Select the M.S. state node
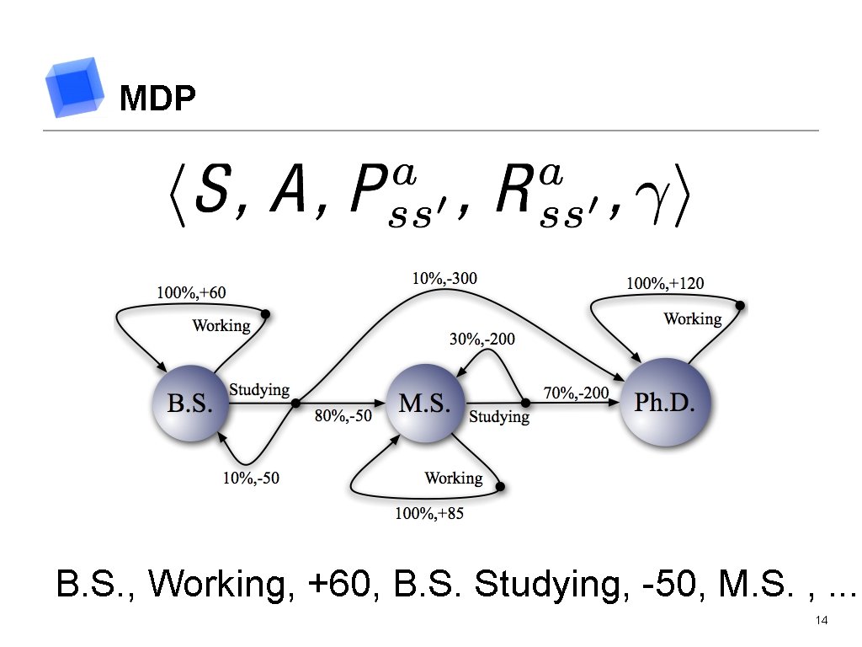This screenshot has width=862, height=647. click(424, 403)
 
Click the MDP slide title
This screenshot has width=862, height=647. click(157, 99)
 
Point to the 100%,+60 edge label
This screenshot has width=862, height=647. click(191, 292)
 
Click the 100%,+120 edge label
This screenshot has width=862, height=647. click(665, 284)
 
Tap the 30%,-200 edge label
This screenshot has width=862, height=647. click(481, 340)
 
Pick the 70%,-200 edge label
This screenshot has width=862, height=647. click(577, 393)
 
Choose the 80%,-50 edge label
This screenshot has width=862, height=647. click(343, 416)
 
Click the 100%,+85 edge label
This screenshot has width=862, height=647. click(429, 513)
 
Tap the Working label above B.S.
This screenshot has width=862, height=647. click(221, 325)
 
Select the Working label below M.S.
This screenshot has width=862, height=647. click(454, 478)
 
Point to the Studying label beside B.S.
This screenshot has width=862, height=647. click(259, 390)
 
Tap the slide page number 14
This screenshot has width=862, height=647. click(822, 621)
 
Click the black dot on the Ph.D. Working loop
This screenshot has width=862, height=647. click(741, 305)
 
